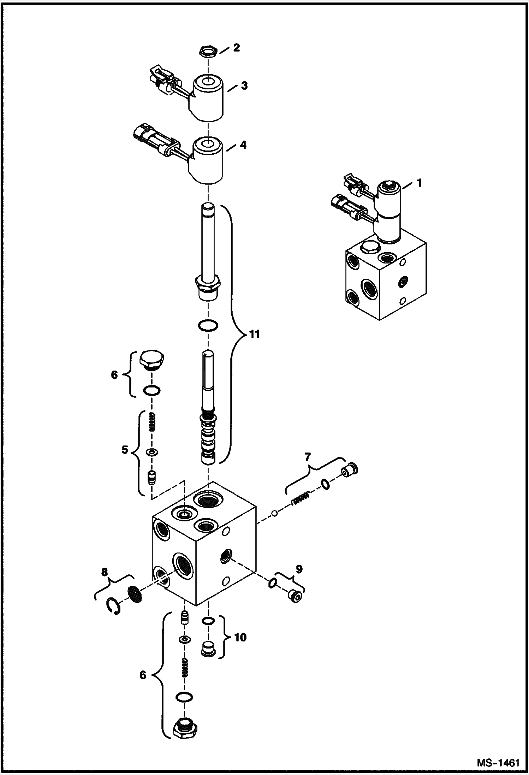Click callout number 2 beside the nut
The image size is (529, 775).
236,48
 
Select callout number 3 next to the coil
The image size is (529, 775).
244,85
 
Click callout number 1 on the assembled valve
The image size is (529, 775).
419,183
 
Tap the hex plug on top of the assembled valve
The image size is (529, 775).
368,247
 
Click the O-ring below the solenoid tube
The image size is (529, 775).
208,325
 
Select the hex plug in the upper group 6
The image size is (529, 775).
151,359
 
